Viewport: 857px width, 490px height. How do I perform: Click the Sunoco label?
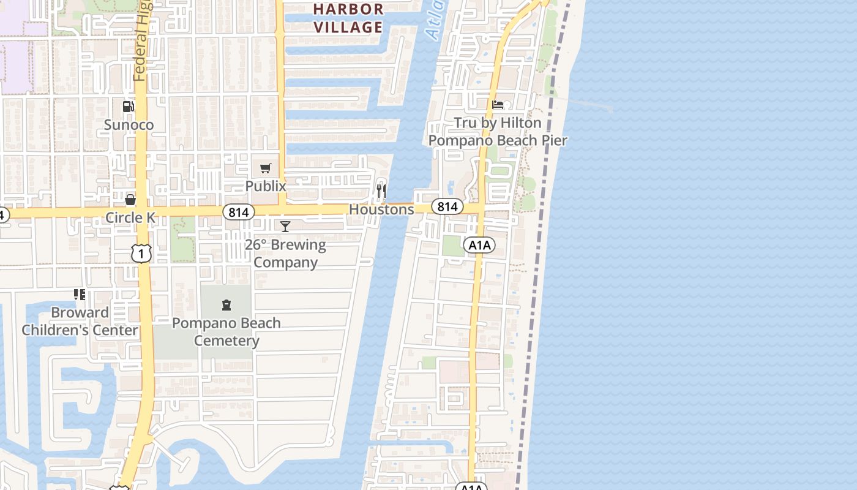tap(129, 125)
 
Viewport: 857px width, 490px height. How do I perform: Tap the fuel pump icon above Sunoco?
tap(129, 107)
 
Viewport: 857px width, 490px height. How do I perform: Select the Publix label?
tap(266, 185)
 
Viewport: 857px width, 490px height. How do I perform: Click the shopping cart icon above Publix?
tap(266, 168)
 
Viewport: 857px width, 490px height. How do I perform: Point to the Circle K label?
tap(130, 217)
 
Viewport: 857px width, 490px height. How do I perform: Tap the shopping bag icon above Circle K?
tap(130, 200)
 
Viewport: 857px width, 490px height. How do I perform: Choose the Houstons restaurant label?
tap(381, 209)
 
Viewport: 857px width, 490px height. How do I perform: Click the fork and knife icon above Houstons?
tap(381, 191)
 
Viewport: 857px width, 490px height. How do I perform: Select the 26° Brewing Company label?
tap(285, 254)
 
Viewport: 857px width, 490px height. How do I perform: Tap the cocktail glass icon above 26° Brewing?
tap(285, 227)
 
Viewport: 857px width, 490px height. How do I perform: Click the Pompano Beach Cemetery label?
tap(226, 331)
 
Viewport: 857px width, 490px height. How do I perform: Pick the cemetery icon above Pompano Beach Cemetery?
tap(226, 304)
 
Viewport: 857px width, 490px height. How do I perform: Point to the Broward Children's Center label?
tap(80, 321)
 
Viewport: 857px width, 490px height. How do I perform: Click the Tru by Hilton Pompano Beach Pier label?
tap(498, 131)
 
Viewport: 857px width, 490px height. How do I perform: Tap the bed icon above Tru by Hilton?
tap(498, 105)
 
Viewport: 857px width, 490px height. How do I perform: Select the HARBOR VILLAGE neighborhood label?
tap(348, 18)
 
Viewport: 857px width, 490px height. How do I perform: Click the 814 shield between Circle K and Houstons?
tap(238, 213)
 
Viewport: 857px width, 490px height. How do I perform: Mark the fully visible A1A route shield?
tap(479, 246)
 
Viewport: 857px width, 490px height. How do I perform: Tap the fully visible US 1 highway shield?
tap(141, 252)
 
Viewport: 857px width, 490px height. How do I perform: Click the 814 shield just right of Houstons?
tap(447, 206)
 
